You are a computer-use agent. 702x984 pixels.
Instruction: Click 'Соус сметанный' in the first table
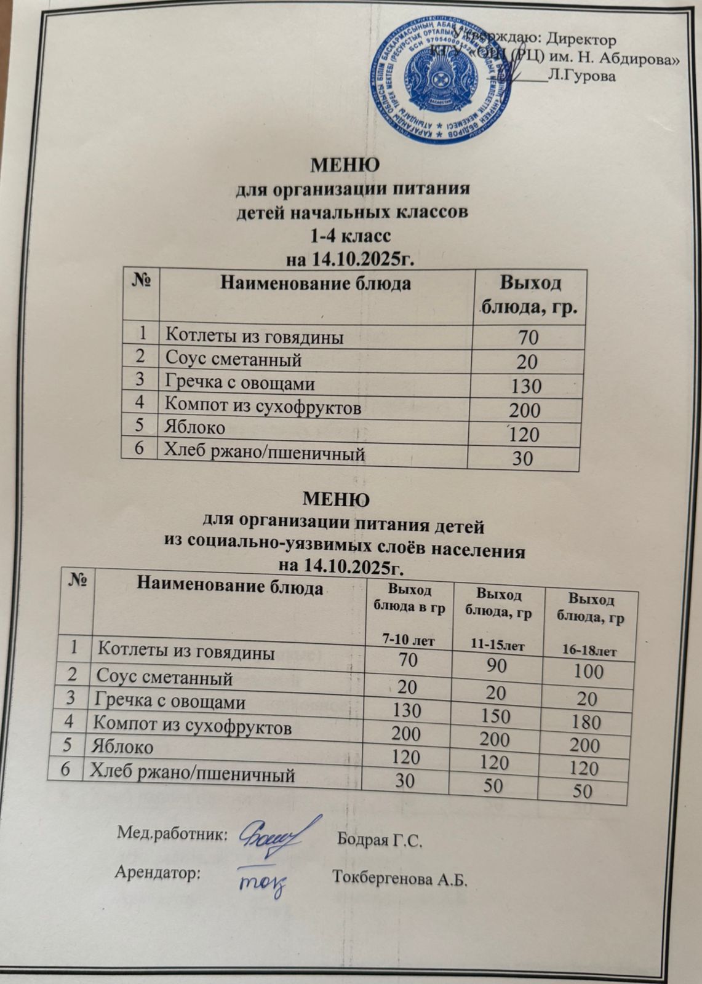point(233,359)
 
